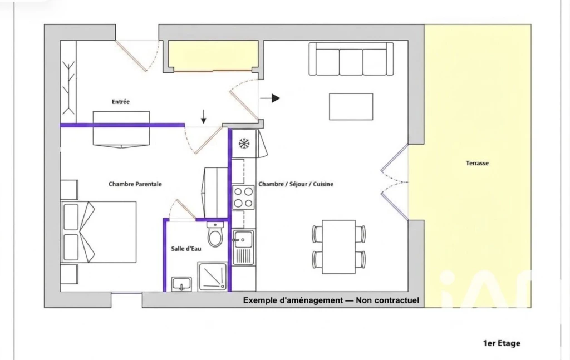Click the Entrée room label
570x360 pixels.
point(120,102)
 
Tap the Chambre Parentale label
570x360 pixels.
point(135,184)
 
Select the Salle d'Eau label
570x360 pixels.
point(186,249)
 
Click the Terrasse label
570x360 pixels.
point(477,163)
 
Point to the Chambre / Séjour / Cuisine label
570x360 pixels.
point(296,184)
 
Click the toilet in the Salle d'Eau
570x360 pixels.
point(215,234)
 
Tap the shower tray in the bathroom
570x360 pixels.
point(213,277)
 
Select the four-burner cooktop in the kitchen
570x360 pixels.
point(243,197)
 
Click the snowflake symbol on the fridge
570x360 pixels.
point(244,144)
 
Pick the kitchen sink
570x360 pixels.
point(243,247)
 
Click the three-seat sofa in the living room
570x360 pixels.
point(351,59)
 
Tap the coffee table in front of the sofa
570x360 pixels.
point(351,106)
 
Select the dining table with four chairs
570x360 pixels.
point(338,247)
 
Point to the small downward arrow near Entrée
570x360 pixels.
point(204,116)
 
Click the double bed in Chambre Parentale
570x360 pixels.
point(99,232)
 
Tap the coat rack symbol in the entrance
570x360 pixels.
point(68,87)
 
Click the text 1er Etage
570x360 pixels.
point(502,343)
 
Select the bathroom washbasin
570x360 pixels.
point(181,284)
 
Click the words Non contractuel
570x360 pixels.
point(387,300)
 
